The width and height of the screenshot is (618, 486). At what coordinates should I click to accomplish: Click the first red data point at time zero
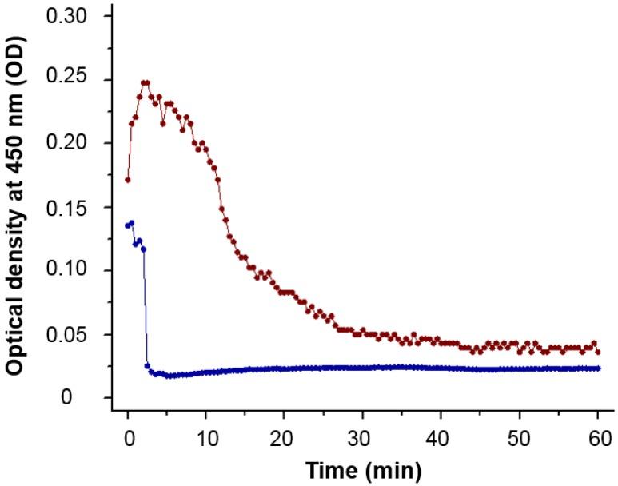(x=127, y=180)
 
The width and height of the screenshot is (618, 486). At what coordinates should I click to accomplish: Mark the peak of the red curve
(x=145, y=82)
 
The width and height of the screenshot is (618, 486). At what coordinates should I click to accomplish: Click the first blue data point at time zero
(x=127, y=225)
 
